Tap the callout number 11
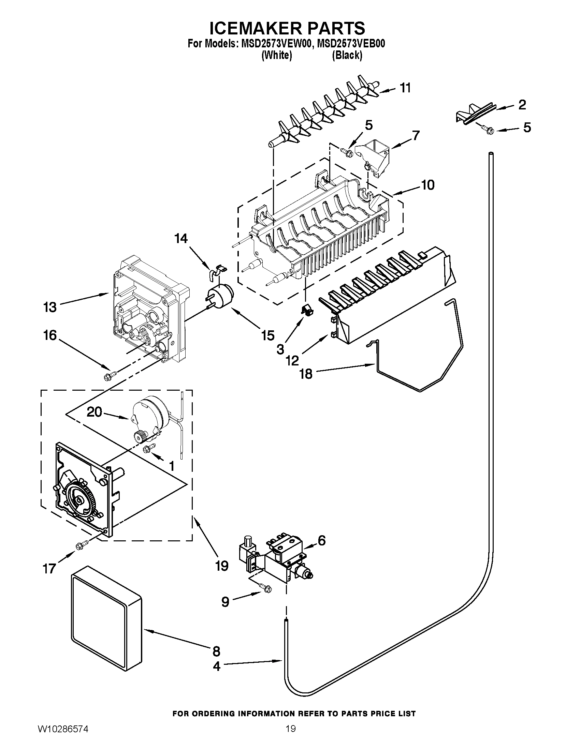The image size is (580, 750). point(405,88)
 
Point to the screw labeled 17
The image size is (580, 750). point(83,544)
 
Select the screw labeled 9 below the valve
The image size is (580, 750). point(266,589)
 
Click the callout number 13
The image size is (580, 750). point(50,307)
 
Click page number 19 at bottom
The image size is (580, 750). point(290,736)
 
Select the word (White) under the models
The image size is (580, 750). point(277,55)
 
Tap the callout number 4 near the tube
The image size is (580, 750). point(216,666)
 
